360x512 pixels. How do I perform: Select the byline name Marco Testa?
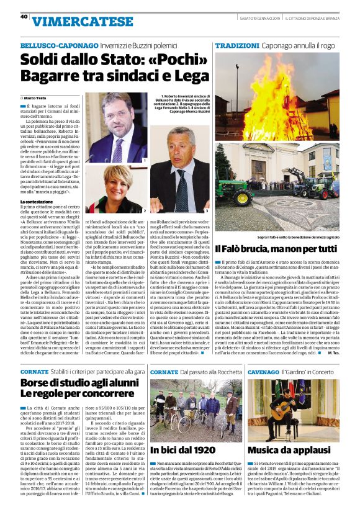click(x=36, y=98)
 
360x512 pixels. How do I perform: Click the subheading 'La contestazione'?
click(x=39, y=202)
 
